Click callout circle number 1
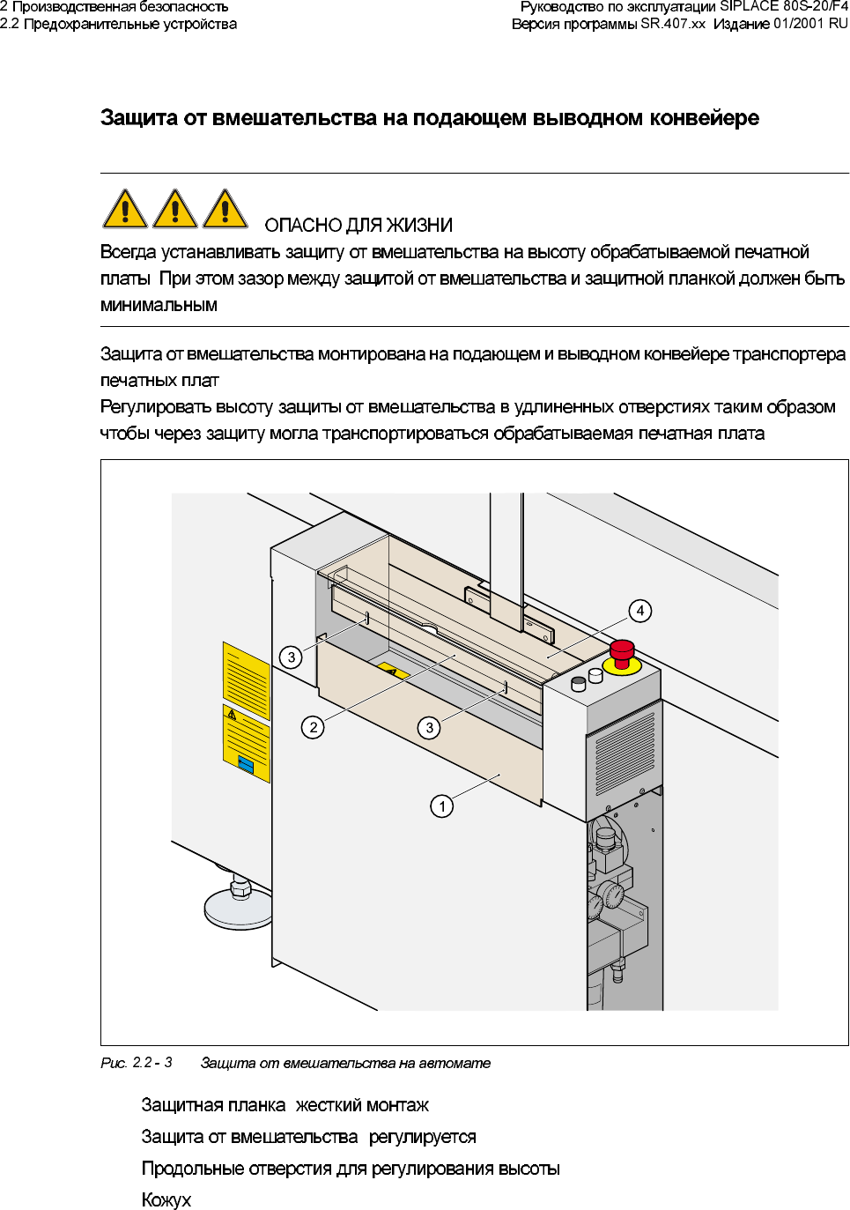coord(442,806)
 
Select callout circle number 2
coord(313,727)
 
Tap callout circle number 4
coord(640,611)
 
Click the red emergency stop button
coord(623,652)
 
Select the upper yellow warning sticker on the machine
coord(246,679)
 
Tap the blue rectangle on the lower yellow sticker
coord(247,765)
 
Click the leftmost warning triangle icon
coord(125,210)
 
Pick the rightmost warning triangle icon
coord(225,210)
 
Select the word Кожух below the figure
coord(166,1199)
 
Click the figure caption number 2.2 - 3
coord(152,1063)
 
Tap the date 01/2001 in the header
coord(799,24)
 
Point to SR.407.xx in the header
coord(673,24)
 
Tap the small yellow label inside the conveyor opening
coord(394,672)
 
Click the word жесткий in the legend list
coord(327,1105)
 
